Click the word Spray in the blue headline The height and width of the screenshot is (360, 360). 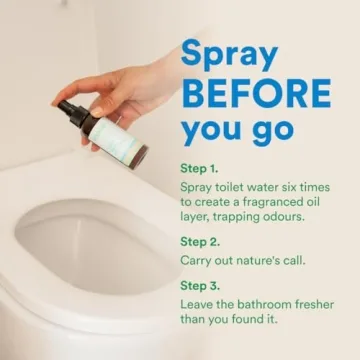pyautogui.click(x=229, y=56)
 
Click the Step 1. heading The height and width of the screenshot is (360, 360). pyautogui.click(x=199, y=168)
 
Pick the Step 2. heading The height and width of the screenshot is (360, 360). pyautogui.click(x=200, y=242)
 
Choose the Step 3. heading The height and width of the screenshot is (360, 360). pyautogui.click(x=200, y=286)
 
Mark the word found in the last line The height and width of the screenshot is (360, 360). pyautogui.click(x=246, y=319)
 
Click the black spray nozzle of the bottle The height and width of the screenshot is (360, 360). pyautogui.click(x=71, y=113)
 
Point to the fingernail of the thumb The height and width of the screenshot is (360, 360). pyautogui.click(x=97, y=112)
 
